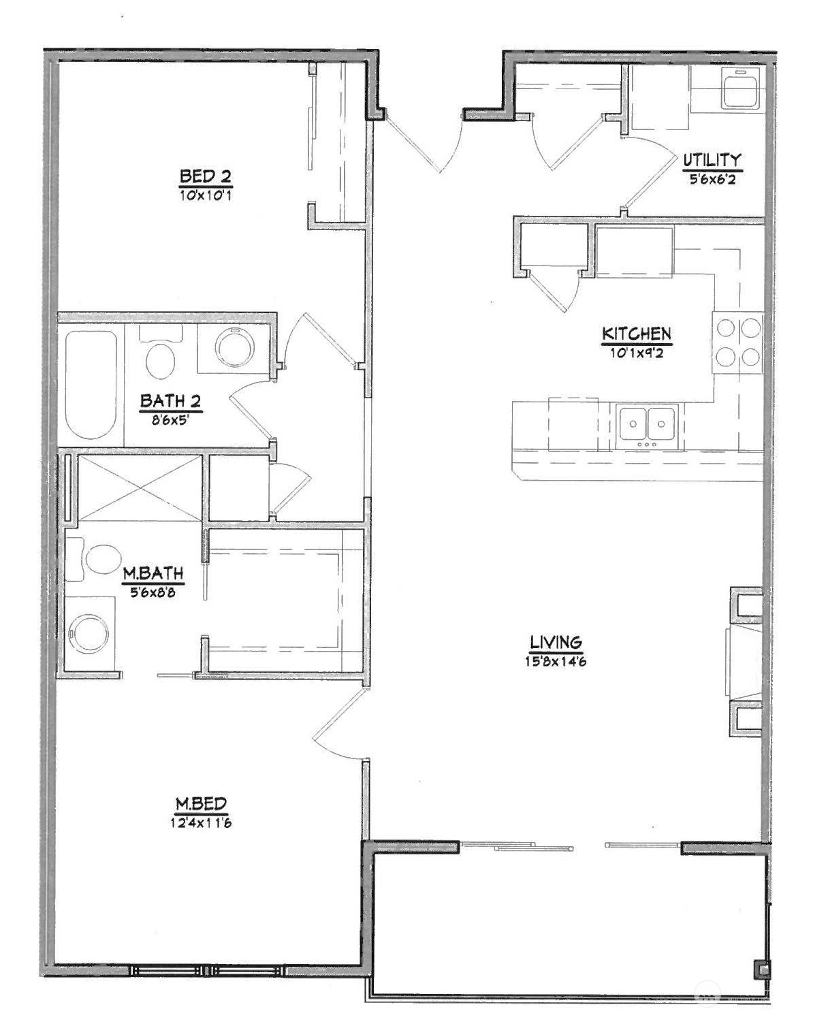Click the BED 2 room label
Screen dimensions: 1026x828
pyautogui.click(x=205, y=176)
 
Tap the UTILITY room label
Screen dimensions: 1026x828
pyautogui.click(x=712, y=160)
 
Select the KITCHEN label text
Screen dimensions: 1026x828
pyautogui.click(x=636, y=334)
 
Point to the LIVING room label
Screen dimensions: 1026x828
pyautogui.click(x=556, y=641)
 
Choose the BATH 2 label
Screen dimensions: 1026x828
pyautogui.click(x=170, y=401)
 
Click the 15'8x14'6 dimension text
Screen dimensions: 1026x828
pyautogui.click(x=556, y=661)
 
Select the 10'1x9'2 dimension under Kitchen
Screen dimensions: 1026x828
pyautogui.click(x=636, y=353)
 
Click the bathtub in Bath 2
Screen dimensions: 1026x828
pyautogui.click(x=91, y=385)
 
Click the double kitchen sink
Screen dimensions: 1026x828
pyautogui.click(x=647, y=426)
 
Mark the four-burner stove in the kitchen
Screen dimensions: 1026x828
pyautogui.click(x=738, y=342)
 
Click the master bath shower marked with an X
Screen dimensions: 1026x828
pyautogui.click(x=140, y=488)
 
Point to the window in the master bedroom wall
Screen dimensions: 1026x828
pyautogui.click(x=208, y=970)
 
